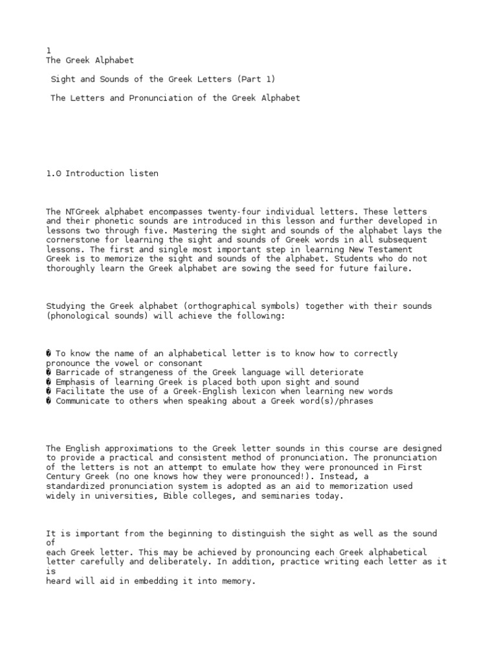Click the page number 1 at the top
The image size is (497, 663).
pos(49,51)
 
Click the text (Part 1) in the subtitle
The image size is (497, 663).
pos(259,79)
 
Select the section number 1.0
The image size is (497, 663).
pos(54,174)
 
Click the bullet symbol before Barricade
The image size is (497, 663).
pos(49,372)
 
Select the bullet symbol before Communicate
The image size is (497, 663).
pos(49,401)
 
